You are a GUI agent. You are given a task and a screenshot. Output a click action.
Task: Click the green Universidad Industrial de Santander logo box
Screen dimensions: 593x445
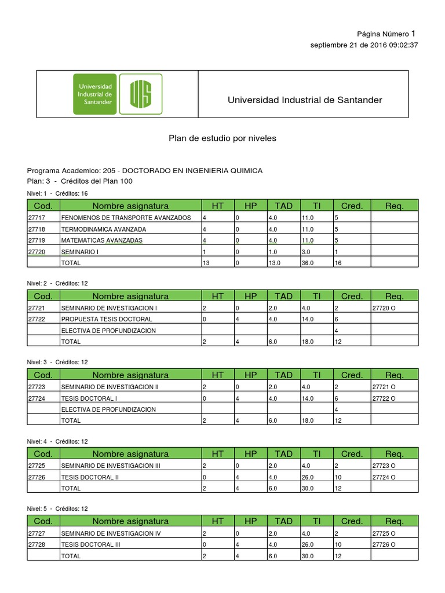click(95, 94)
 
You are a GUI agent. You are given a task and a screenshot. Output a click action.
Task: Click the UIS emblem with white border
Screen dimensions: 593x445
click(141, 94)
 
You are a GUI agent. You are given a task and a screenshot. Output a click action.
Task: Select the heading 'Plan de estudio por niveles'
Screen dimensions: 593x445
click(222, 138)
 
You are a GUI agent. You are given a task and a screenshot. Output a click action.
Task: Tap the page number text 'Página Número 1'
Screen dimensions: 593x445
click(386, 34)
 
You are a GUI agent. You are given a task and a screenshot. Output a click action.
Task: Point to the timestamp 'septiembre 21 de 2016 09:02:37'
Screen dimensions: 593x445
click(364, 45)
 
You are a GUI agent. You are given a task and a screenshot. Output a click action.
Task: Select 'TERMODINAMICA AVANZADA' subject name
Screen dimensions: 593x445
click(104, 229)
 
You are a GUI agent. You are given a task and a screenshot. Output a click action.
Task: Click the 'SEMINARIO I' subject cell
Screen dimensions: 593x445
click(80, 251)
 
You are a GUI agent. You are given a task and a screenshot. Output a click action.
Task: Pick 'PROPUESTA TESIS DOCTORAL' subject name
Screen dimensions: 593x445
click(107, 319)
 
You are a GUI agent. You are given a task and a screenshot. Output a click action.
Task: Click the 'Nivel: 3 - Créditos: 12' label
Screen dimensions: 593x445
click(57, 362)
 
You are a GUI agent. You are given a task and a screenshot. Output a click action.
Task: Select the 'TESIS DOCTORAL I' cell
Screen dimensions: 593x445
click(89, 398)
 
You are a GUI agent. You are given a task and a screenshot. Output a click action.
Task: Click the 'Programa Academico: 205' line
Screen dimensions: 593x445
click(145, 170)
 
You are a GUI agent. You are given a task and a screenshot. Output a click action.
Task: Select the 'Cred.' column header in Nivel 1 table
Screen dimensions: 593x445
click(352, 206)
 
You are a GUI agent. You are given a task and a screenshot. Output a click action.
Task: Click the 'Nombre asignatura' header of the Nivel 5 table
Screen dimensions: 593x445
click(130, 521)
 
